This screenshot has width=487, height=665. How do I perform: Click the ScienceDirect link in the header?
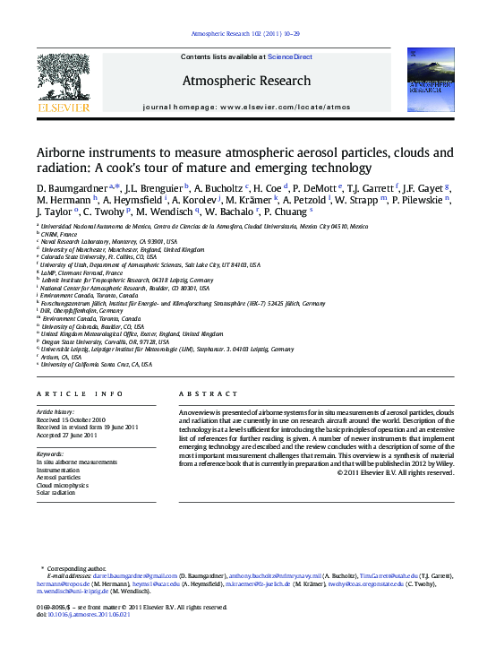point(290,56)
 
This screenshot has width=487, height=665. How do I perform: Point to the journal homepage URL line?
point(246,106)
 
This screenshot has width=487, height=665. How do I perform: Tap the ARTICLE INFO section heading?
point(80,394)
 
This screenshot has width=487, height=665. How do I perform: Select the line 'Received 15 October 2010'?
point(71,419)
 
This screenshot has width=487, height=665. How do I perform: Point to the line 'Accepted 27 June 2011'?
point(66,436)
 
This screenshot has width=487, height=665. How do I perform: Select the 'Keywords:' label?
point(50,454)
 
